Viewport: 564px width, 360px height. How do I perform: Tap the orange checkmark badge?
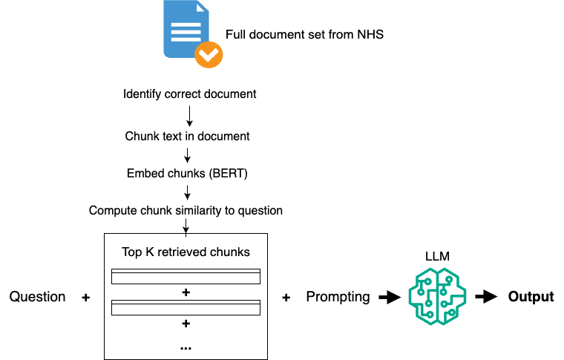(209, 54)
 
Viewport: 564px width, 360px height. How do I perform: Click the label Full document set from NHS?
(305, 34)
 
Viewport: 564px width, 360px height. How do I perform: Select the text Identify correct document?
(189, 94)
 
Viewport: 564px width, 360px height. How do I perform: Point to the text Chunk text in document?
(186, 137)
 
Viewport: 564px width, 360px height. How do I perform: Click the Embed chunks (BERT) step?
(186, 174)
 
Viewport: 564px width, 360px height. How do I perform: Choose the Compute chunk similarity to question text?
(186, 210)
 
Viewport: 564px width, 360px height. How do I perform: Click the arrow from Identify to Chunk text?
(189, 115)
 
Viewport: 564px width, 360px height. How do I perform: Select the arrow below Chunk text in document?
(188, 155)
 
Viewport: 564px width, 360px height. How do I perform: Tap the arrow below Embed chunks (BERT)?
(188, 192)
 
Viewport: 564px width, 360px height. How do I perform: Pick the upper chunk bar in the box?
(186, 277)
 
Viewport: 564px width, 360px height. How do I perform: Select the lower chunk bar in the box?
(186, 307)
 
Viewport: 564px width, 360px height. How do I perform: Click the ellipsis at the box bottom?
(186, 347)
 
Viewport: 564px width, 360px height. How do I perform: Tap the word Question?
(37, 297)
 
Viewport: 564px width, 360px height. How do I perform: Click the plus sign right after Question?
(85, 298)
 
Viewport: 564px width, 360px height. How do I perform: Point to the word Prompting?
(338, 297)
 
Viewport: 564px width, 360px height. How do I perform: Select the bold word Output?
(531, 297)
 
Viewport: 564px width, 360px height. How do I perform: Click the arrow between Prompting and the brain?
(388, 298)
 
